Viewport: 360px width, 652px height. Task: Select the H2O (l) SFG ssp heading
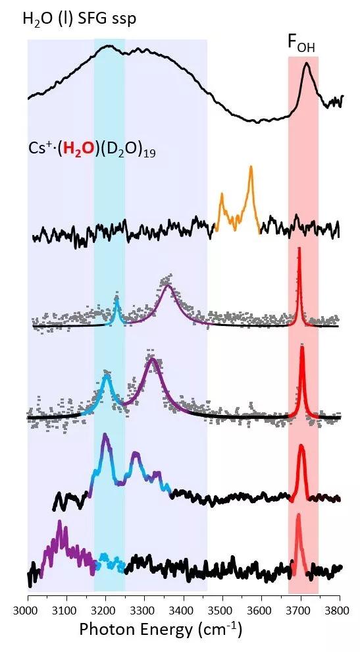80,18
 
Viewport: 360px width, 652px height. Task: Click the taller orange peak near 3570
251,167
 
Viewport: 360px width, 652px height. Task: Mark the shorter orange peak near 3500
222,194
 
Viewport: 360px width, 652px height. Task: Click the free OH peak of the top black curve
307,64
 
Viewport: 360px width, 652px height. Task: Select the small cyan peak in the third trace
116,298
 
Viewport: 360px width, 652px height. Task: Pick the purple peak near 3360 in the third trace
168,286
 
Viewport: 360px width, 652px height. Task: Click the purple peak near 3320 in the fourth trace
152,360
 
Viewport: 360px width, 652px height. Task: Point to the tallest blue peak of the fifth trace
105,435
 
